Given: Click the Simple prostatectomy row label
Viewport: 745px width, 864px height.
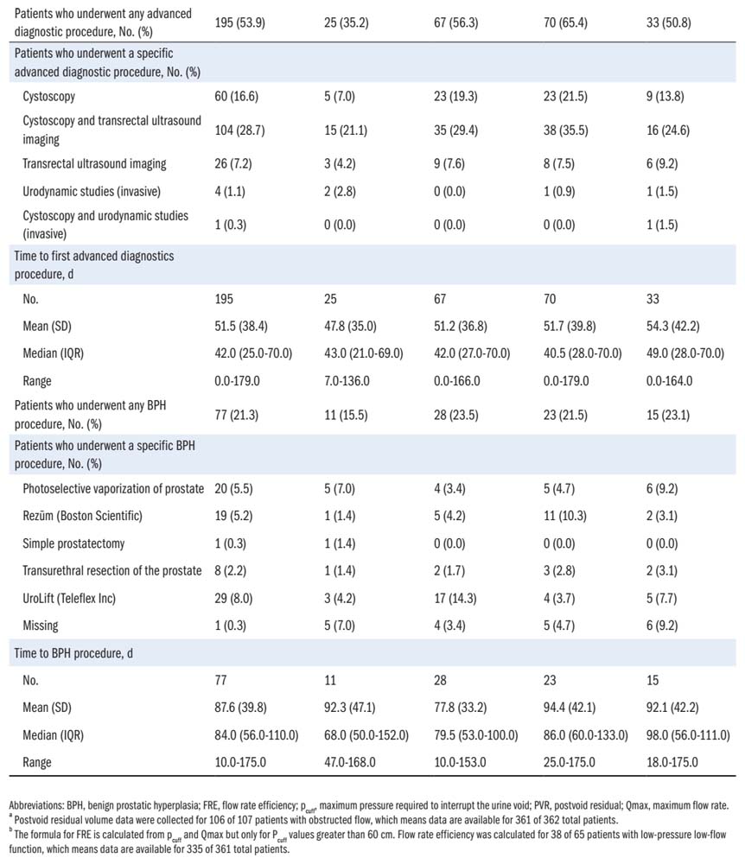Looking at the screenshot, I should coord(77,543).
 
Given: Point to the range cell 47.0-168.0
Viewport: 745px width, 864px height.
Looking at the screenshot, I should coord(354,762).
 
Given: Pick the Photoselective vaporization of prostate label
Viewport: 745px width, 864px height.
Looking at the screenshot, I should coord(113,488).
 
